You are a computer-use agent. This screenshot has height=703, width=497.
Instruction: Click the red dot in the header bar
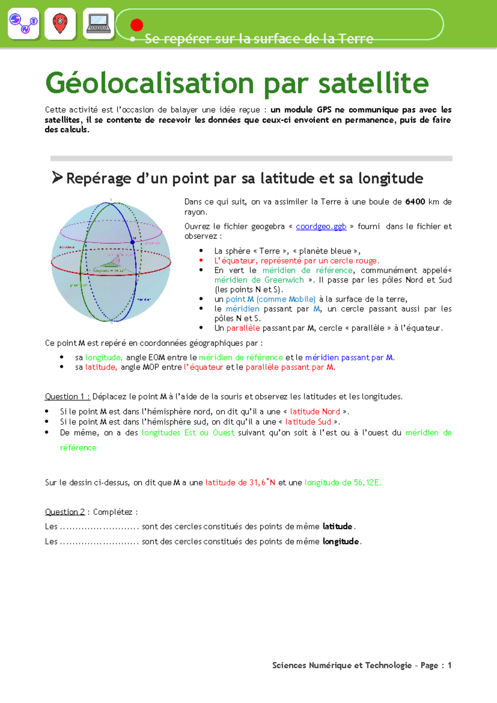click(137, 25)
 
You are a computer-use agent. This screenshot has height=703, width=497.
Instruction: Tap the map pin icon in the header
click(60, 24)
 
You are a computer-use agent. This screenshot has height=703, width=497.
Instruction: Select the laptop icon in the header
click(99, 24)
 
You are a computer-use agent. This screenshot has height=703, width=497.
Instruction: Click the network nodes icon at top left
click(24, 24)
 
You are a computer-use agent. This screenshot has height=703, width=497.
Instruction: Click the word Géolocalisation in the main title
click(149, 83)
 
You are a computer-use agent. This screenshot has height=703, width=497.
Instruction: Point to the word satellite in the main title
click(373, 83)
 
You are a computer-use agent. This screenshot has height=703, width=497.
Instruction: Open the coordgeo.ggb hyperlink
click(321, 227)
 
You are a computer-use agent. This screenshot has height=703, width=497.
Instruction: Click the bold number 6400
click(415, 202)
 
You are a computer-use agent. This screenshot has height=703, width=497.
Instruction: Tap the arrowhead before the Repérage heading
click(57, 177)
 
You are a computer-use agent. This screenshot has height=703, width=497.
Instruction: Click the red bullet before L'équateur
click(201, 261)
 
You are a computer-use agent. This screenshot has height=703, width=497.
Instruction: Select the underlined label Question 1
click(67, 397)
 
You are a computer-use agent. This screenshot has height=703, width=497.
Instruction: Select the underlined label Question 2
click(65, 512)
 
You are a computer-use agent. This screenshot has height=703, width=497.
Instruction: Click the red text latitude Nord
click(315, 412)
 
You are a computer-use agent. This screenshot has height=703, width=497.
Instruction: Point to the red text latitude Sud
click(308, 422)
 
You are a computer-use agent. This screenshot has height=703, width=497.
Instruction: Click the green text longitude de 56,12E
click(343, 482)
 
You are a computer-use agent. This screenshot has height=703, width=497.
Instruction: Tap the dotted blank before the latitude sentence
click(99, 527)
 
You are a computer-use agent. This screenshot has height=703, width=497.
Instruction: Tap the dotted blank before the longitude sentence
click(99, 542)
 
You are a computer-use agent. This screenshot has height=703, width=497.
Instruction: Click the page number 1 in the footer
click(449, 665)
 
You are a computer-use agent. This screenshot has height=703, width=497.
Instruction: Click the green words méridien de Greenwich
click(259, 280)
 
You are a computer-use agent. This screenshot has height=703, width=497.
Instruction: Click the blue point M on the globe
click(133, 242)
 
